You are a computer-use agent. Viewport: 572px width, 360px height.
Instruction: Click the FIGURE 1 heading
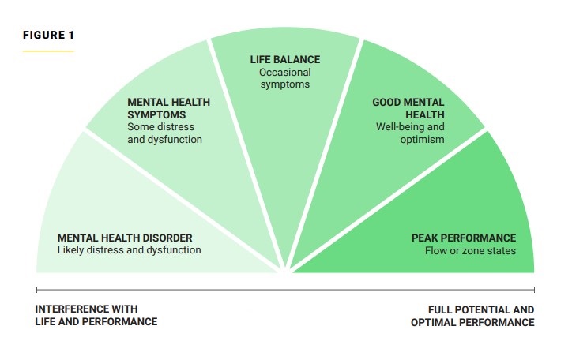pos(48,36)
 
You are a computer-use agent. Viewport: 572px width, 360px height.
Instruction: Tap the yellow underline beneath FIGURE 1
pos(48,51)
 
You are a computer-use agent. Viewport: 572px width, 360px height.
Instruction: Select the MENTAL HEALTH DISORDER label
pos(125,238)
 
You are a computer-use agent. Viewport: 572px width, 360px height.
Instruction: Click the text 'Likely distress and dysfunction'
pos(129,250)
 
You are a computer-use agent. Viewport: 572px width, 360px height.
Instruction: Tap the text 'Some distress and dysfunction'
pos(164,133)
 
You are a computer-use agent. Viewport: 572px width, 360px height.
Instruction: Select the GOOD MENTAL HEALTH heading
pos(408,108)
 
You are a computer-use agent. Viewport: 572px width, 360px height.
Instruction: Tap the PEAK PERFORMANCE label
pos(464,238)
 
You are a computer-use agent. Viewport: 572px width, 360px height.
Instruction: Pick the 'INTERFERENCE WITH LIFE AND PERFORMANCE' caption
pos(96,316)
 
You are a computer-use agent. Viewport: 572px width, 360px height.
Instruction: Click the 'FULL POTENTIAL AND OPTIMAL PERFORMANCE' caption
pos(472,316)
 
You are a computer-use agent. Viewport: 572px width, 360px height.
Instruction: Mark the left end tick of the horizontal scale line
pos(36,291)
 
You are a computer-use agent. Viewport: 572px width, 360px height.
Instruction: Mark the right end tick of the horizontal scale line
pos(534,291)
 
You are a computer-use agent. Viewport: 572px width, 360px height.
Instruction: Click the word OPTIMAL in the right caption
pos(437,322)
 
